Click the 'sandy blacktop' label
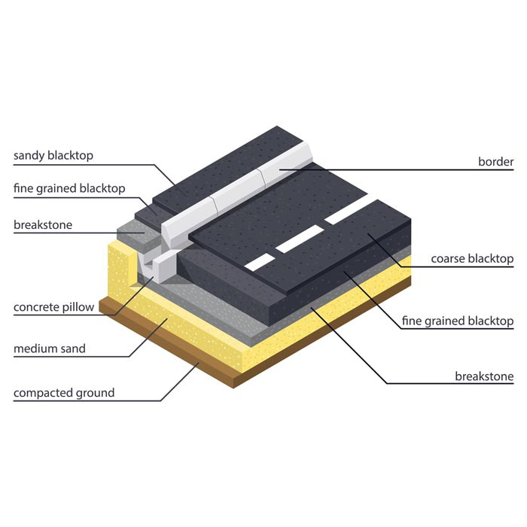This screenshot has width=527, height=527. pos(53,156)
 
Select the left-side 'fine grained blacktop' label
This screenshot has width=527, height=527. pos(69,188)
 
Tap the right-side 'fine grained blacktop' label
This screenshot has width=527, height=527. pos(458,321)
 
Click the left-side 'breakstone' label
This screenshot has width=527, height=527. pos(43,224)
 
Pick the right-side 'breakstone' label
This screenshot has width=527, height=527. pos(484,376)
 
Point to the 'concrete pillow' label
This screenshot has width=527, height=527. pos(53,307)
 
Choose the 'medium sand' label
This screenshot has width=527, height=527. pos(50,349)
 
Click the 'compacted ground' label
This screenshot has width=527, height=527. pos(64,393)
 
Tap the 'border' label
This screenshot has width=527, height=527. pos(495,162)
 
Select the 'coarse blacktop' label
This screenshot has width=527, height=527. pos(472,258)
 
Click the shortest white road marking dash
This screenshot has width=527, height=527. pos(260,263)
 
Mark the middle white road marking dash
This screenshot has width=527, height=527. pos(300,239)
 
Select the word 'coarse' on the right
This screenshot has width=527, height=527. pos(448,259)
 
